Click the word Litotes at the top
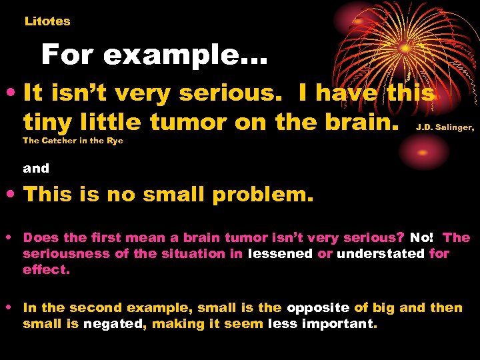[x=47, y=21]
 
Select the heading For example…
[x=154, y=55]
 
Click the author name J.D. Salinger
[x=445, y=126]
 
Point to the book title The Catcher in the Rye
[x=73, y=140]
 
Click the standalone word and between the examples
[x=36, y=169]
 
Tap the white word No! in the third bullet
[x=421, y=237]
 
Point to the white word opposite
[x=318, y=307]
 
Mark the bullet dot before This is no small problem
[x=13, y=195]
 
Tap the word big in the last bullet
[x=392, y=307]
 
